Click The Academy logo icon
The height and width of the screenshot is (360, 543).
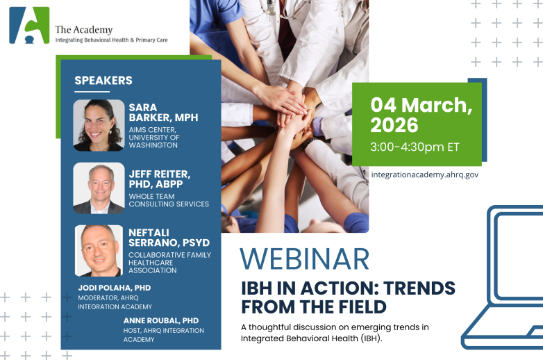tap(29, 26)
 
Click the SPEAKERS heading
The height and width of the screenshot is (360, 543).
tap(103, 81)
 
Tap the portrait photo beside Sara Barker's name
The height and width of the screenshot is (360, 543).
tap(99, 125)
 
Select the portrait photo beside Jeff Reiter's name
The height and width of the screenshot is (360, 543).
tap(99, 188)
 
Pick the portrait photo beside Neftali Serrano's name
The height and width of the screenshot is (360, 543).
tap(99, 250)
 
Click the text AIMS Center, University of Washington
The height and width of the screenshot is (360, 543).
tap(154, 137)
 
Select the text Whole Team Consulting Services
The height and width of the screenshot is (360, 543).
tap(169, 200)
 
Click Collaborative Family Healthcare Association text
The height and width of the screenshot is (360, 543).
tap(169, 263)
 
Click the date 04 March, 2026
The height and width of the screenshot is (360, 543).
tap(421, 115)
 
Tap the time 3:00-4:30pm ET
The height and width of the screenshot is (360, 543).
tap(415, 147)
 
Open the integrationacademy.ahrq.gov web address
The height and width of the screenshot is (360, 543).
tap(424, 174)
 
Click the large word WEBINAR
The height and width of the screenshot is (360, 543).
tap(304, 258)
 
